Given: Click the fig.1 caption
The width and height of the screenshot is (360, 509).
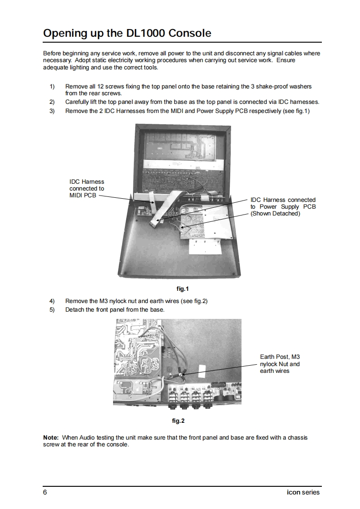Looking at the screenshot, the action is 182,289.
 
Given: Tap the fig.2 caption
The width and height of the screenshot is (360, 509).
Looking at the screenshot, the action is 178,421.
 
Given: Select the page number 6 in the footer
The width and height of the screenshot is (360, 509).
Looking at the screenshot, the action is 45,492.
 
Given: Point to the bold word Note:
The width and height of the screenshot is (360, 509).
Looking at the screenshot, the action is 51,437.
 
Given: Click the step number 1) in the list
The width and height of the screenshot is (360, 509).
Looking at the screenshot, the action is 52,86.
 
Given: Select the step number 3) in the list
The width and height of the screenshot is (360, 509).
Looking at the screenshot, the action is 52,111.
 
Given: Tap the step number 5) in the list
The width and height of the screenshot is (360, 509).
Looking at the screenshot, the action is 52,310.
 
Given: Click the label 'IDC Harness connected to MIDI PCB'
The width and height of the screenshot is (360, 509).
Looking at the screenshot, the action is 86,189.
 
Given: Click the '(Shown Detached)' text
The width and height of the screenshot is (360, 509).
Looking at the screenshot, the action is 276,214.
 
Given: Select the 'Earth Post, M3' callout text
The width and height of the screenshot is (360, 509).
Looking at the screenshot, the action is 280,357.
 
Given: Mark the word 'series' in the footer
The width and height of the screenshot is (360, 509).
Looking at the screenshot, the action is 311,492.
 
